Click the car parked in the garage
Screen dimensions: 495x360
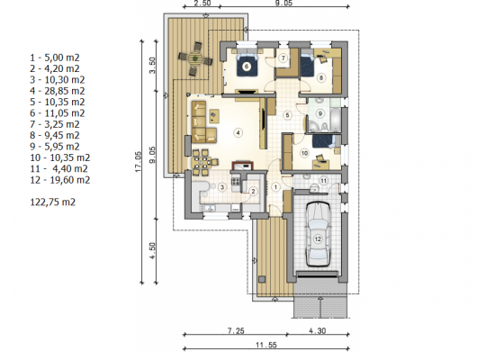[318, 234]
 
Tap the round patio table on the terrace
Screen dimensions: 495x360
[195, 58]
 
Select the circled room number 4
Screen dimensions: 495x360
[238, 133]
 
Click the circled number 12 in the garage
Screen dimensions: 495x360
[318, 239]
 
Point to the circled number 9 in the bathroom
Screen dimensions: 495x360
[320, 113]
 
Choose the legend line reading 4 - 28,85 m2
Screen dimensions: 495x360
[58, 91]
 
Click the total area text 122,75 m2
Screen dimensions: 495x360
[53, 202]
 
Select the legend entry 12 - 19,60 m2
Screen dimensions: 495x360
[60, 180]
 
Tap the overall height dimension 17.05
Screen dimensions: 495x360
[139, 162]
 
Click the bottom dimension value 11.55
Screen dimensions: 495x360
[266, 345]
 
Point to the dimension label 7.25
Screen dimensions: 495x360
[236, 330]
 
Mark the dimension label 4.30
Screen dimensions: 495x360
[318, 330]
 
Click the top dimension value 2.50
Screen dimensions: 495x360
[202, 4]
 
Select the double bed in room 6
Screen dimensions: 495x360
[247, 64]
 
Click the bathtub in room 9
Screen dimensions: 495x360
[335, 120]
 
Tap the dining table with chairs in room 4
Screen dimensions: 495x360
[202, 162]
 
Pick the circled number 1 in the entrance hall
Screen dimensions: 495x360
[275, 187]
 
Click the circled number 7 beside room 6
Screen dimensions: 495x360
[283, 58]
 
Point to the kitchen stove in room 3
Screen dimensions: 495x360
[236, 181]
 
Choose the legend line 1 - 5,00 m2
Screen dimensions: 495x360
[55, 58]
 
